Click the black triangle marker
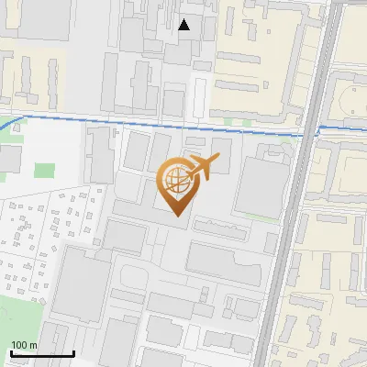click(184, 26)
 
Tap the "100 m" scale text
click(25, 345)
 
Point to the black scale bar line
click(42, 353)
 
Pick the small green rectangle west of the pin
click(45, 170)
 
